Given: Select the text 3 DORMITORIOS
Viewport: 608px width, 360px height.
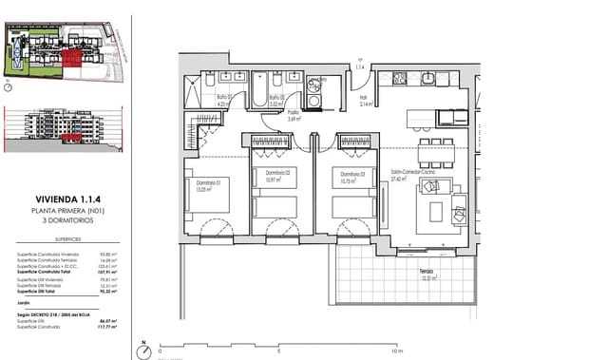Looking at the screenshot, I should point(64,219).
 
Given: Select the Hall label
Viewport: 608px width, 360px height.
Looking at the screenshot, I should point(363,98).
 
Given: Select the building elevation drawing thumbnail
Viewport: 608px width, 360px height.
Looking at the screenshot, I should point(64,128).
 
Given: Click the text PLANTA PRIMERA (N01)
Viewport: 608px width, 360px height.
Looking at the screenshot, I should point(64,210).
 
